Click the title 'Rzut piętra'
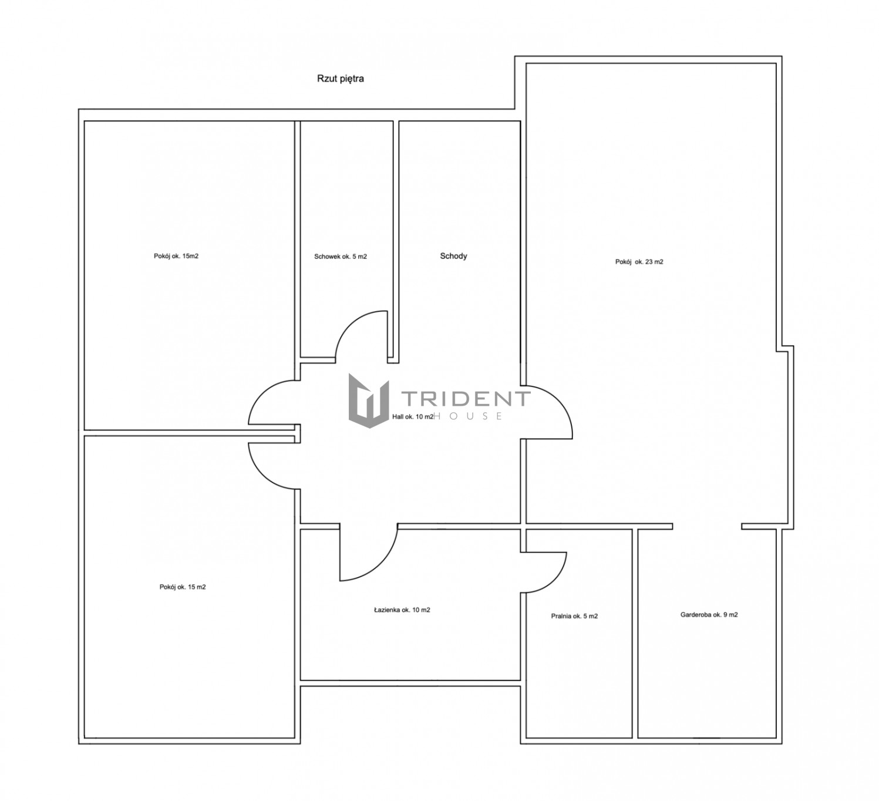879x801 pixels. (x=341, y=79)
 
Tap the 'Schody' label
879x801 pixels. (x=453, y=256)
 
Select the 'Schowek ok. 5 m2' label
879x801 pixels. (x=341, y=257)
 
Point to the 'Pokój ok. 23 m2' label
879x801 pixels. (x=639, y=262)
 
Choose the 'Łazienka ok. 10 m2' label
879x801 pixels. (x=402, y=610)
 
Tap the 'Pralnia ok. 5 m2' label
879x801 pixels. (x=574, y=616)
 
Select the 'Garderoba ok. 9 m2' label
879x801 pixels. (x=709, y=615)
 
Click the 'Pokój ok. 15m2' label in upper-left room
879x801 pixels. (x=176, y=256)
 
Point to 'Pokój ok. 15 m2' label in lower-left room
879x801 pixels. (x=182, y=587)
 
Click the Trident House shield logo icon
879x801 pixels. (x=369, y=400)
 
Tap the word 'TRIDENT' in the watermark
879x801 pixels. (x=466, y=399)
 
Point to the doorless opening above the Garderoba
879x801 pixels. (x=707, y=526)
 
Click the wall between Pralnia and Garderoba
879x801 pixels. (x=635, y=633)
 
